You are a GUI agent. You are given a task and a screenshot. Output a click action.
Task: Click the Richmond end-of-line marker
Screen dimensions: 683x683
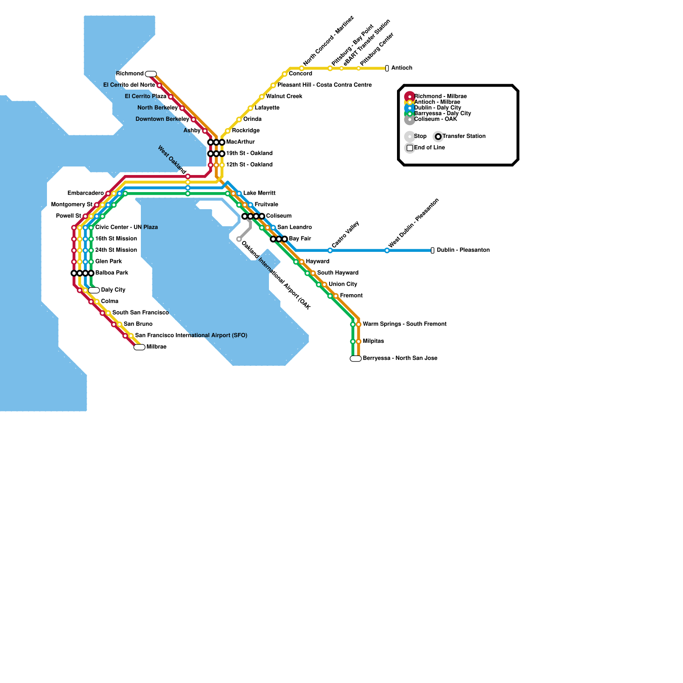(151, 74)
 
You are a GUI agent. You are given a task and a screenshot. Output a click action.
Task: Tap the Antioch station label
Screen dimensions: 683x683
(402, 68)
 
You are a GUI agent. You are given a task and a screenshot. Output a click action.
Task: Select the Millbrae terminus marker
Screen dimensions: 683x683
(139, 347)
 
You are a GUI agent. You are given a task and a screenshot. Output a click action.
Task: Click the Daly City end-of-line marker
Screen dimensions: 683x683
(94, 290)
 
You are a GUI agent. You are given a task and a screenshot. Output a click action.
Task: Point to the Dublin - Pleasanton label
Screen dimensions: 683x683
(463, 250)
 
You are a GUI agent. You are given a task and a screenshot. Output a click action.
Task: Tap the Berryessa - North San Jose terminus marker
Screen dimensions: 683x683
(356, 359)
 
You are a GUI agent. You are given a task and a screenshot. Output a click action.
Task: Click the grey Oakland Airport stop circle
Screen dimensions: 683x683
(239, 239)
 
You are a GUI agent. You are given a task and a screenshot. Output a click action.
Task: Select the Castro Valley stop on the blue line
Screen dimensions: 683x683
(330, 251)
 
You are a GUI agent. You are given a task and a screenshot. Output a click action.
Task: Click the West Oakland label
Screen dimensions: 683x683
(172, 160)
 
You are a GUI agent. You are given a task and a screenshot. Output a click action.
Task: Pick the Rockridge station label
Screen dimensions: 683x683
(246, 131)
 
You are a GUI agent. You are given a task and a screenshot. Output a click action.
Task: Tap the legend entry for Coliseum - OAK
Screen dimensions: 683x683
(435, 119)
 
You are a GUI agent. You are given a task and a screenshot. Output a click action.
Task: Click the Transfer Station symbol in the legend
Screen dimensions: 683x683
(438, 137)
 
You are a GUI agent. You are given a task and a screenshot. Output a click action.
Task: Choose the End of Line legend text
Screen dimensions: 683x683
(429, 148)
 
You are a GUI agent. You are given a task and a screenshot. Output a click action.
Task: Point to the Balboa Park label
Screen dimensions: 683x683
(112, 273)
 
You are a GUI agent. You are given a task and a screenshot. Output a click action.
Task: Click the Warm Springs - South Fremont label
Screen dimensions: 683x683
(405, 324)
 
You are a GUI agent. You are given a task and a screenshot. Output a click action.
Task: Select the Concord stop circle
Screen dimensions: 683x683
(284, 74)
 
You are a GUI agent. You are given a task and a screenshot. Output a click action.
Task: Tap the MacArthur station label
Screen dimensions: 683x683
(240, 142)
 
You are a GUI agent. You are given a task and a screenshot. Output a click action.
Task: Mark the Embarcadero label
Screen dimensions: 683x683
(86, 193)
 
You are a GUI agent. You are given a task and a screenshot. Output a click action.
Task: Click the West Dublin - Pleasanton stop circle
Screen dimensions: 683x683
(387, 251)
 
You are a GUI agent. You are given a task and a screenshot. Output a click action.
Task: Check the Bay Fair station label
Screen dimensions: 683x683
(300, 239)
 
